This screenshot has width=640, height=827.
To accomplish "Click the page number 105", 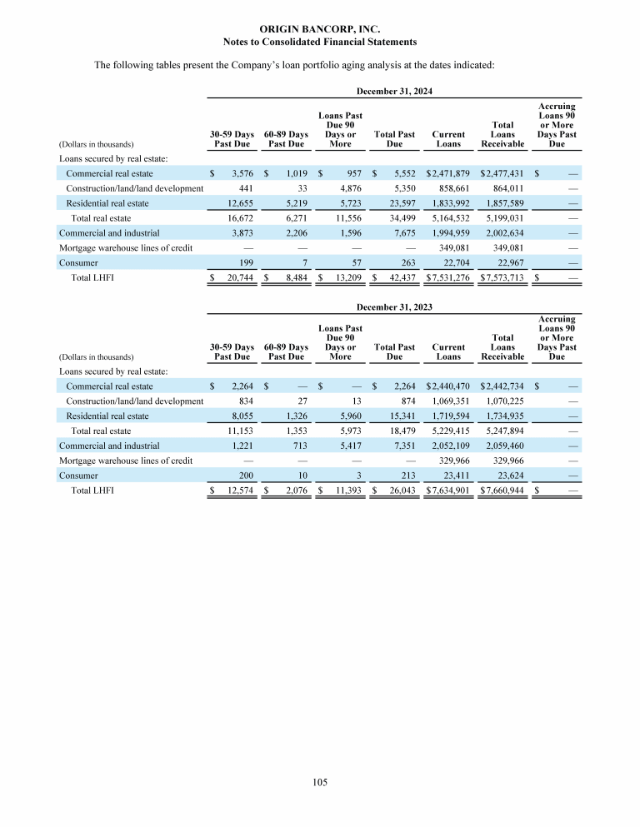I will click(320, 782).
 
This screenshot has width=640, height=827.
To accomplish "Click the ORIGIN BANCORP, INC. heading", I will click(320, 29).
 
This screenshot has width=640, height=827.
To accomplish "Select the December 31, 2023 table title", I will click(393, 307).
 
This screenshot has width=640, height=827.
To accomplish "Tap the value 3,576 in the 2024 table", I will click(240, 173).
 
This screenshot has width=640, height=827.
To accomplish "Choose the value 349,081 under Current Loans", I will click(452, 248).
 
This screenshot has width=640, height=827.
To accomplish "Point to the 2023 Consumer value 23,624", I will click(507, 476).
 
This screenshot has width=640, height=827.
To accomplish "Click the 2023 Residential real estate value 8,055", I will click(240, 416).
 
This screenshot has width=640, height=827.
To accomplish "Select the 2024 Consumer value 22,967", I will click(507, 263).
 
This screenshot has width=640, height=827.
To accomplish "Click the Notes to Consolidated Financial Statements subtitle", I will click(320, 41).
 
